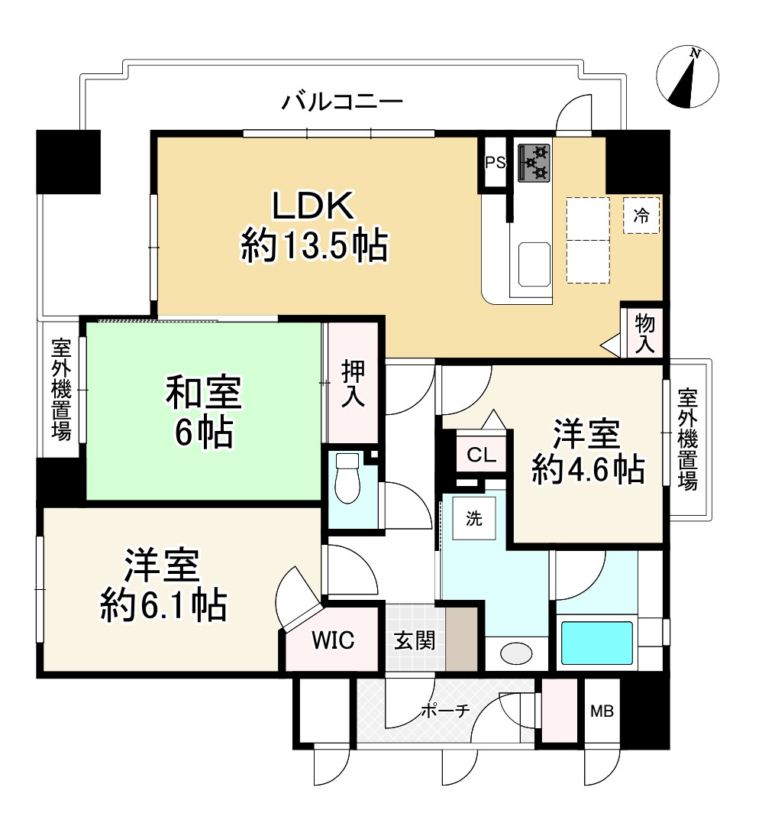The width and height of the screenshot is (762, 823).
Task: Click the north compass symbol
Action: [687, 76]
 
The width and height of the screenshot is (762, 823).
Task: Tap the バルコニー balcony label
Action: [342, 102]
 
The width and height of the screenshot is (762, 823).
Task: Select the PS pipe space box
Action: [495, 162]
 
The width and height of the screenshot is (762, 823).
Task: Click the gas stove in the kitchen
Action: [534, 162]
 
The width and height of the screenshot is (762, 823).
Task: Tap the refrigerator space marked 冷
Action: [641, 215]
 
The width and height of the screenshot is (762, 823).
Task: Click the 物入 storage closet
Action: [644, 333]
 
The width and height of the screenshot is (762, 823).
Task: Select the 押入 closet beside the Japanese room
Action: [353, 383]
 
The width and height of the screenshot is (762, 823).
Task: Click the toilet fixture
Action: [347, 478]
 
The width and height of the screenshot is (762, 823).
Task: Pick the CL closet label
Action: [482, 455]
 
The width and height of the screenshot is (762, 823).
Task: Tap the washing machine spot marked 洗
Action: [474, 518]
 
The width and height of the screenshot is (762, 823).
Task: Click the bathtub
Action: [597, 643]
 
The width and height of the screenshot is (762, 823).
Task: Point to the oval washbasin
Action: [516, 653]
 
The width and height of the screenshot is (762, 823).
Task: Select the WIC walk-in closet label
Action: [333, 640]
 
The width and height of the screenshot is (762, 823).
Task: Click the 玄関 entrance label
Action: [415, 640]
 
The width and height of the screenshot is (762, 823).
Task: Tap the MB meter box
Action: [602, 711]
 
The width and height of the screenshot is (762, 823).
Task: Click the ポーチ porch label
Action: [445, 711]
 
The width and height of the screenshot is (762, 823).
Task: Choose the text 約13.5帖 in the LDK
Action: [315, 245]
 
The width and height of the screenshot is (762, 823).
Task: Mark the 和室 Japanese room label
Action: [204, 392]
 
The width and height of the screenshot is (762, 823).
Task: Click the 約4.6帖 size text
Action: [589, 468]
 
